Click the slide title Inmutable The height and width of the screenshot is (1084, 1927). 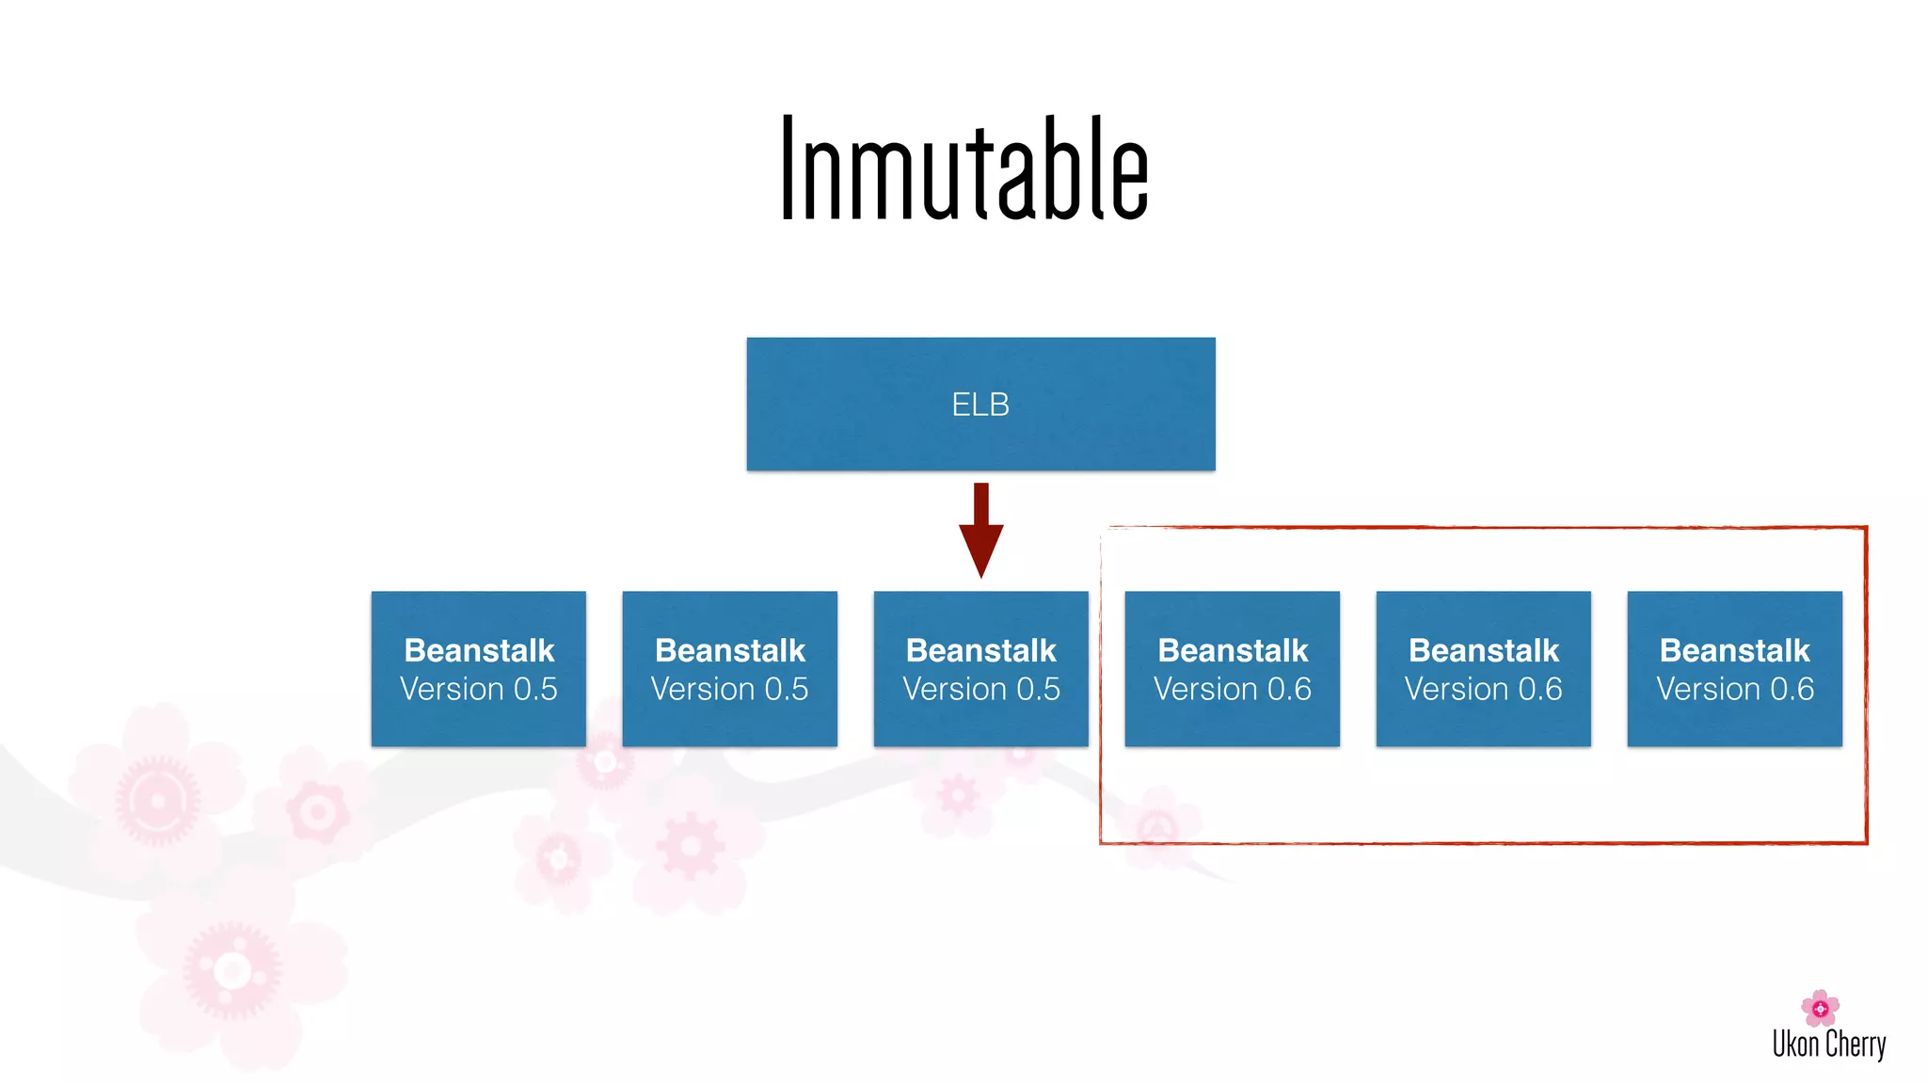pos(963,169)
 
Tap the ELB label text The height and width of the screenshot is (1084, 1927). pos(980,405)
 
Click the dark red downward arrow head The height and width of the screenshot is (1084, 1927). pos(980,550)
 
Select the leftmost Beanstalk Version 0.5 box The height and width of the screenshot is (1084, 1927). pos(478,669)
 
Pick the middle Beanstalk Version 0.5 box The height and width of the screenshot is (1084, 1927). pos(729,669)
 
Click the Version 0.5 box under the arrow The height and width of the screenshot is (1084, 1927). pos(980,669)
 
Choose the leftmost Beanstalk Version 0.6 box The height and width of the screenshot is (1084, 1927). pos(1232,669)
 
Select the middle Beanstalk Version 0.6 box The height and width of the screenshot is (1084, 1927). pos(1483,669)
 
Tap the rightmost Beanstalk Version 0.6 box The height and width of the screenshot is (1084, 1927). pos(1734,669)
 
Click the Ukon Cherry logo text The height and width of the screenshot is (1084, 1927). pos(1828,1044)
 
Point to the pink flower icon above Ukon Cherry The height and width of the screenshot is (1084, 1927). pos(1820,1008)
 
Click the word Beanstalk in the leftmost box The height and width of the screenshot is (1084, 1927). pos(479,650)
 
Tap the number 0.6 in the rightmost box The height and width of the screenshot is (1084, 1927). pos(1792,690)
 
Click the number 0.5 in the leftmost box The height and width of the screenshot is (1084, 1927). pos(534,690)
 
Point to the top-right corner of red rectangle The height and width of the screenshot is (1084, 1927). pos(1865,528)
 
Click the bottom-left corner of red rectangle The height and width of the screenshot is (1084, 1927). pos(1102,842)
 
